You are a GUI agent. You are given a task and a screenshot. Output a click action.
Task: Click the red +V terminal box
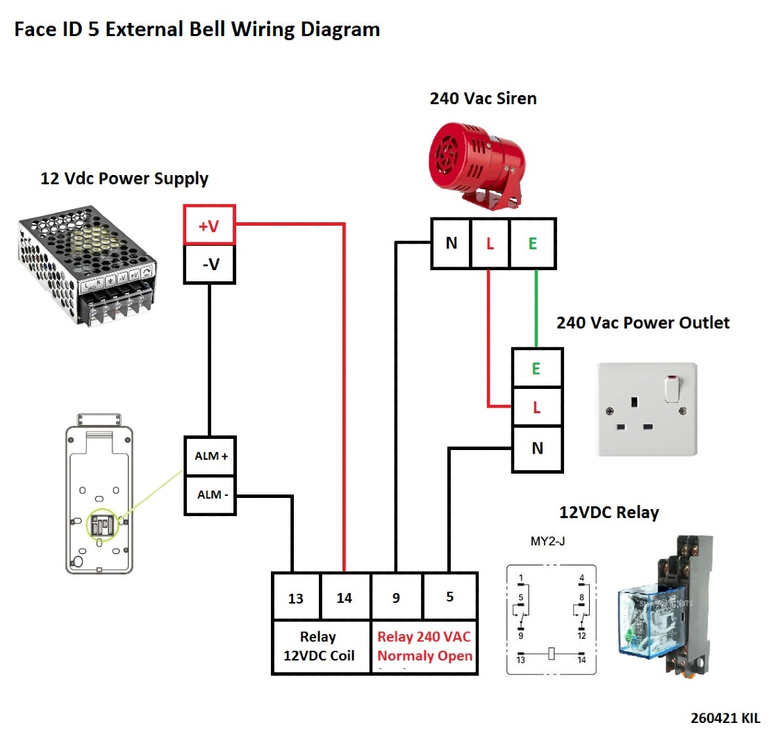(209, 225)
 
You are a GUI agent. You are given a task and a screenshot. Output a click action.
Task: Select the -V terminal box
(209, 264)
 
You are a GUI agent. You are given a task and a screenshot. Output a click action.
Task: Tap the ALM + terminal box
(210, 456)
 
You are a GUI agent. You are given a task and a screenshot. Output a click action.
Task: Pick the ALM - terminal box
(210, 495)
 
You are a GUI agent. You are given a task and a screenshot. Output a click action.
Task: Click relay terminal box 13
(296, 597)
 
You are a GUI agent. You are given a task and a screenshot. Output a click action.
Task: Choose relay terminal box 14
(345, 597)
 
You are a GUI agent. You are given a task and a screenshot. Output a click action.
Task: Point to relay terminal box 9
(396, 597)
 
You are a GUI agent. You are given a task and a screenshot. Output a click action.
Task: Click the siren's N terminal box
(452, 243)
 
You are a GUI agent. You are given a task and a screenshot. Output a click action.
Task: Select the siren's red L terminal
(490, 243)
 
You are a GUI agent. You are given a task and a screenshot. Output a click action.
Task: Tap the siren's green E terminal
(533, 243)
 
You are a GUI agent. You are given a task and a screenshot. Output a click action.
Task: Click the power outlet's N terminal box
(537, 449)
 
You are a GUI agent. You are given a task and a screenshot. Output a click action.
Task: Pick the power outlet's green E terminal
(536, 369)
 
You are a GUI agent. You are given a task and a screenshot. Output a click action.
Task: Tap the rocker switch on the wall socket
(672, 389)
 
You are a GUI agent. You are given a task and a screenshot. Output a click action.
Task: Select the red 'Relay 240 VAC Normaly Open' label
(424, 647)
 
